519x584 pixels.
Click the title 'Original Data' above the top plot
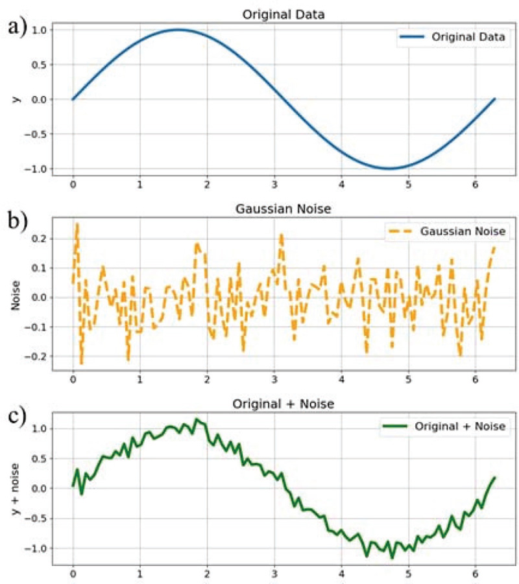coord(284,14)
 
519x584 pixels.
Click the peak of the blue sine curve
coord(178,29)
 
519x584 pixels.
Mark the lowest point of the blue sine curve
coord(389,169)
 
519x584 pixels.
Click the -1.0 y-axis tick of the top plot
coord(35,169)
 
